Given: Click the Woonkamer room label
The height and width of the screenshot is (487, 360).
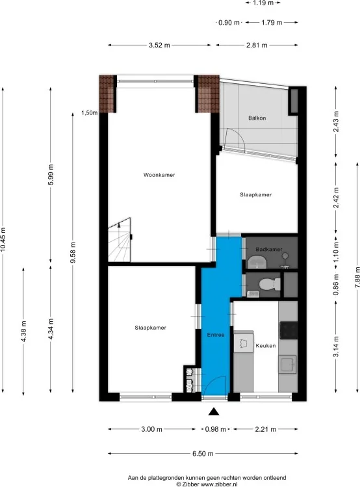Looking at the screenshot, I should (159, 174).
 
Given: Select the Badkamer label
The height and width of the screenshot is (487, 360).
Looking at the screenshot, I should (268, 249).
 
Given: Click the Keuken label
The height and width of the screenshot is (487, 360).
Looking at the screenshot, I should (266, 345).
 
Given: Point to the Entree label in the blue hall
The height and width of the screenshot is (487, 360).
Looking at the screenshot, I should (216, 335).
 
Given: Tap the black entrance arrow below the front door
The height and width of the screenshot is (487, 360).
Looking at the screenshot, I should (213, 411).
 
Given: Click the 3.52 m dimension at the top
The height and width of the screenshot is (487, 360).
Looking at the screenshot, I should (159, 45).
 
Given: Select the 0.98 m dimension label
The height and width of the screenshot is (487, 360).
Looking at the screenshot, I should (213, 429).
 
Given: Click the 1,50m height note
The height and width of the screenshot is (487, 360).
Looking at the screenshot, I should (89, 112).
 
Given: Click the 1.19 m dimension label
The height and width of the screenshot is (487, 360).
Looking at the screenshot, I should (263, 3).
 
